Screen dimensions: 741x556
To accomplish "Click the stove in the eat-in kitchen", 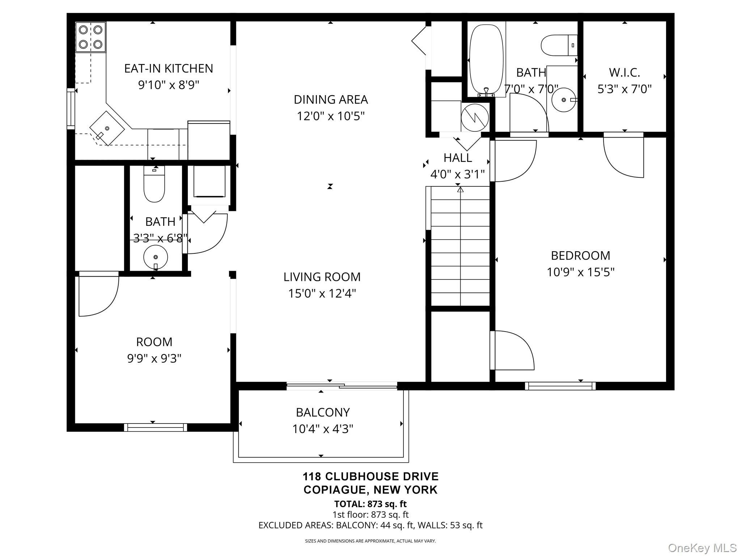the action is point(90,37).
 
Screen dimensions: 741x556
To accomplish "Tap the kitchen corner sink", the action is point(107,128).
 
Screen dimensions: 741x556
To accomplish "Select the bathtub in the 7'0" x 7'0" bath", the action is point(486,59).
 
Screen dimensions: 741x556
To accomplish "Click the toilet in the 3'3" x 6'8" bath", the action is point(154,184).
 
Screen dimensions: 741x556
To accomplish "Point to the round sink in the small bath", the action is point(156,257).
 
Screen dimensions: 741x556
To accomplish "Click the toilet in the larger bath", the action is point(559,45).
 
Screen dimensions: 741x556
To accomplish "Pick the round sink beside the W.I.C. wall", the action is point(564,100).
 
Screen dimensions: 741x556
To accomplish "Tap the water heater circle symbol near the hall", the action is point(475,117).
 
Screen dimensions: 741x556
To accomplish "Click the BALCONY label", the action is point(323,412).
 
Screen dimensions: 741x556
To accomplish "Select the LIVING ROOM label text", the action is point(322,277).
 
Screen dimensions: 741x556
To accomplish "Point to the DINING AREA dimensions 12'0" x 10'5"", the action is point(331,116).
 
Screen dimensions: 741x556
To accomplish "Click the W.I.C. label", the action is point(624,72).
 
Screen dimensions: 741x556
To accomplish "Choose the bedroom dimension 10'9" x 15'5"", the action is point(580,272).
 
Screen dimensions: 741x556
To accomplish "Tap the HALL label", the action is point(458,158).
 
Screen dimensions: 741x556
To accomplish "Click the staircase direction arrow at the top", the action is point(460,189).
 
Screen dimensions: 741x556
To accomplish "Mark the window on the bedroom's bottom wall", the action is point(560,386).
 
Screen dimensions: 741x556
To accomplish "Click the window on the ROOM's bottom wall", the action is point(156,427).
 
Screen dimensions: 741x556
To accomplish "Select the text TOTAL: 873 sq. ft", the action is point(370,504).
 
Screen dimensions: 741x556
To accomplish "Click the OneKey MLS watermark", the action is point(702,548).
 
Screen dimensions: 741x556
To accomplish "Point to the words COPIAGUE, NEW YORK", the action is point(370,490).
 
